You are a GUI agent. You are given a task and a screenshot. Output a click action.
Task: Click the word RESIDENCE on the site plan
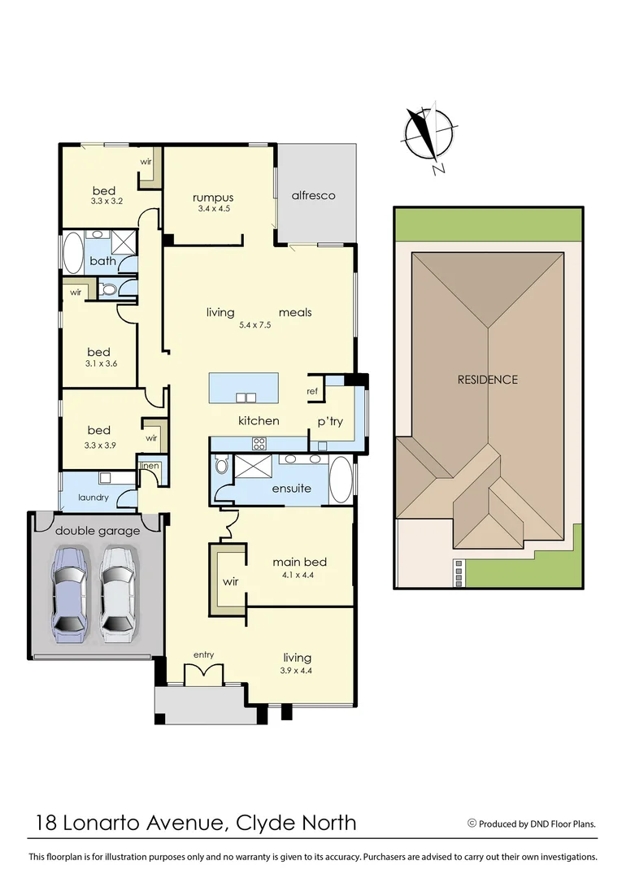coord(487,380)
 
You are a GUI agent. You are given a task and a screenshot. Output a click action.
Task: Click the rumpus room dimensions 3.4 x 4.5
coord(213,209)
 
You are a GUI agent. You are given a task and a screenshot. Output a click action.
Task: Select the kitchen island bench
coord(244,388)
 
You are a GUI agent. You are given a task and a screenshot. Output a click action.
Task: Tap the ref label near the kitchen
coord(311,392)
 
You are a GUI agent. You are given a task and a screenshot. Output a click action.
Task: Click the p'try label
coord(331,421)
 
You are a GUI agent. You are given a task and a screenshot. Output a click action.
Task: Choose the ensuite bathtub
coord(341,480)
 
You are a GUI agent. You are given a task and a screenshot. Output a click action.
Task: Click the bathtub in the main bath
coord(72,253)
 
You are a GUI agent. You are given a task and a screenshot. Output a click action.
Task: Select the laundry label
coord(94,498)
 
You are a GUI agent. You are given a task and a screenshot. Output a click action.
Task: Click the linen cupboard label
coord(149,466)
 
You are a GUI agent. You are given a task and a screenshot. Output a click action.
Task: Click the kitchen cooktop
coord(259,444)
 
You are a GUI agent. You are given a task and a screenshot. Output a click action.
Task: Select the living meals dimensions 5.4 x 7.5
coord(254,325)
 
